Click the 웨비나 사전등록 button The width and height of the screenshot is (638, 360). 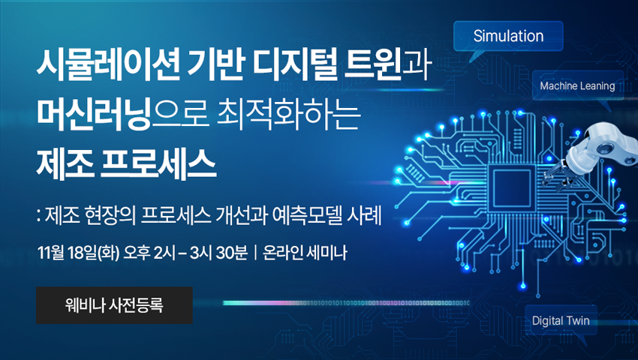[114, 305]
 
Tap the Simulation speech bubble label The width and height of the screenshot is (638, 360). [508, 36]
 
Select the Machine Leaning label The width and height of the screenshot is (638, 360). [577, 85]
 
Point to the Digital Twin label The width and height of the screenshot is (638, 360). [561, 320]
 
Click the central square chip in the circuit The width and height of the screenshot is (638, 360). [512, 188]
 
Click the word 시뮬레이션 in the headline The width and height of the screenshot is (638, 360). [108, 65]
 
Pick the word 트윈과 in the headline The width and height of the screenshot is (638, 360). [388, 65]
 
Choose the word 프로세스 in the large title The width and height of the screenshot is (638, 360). [158, 164]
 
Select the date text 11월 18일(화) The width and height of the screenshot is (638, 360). [78, 253]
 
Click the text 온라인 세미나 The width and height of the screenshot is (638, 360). [305, 253]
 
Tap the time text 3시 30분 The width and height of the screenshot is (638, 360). [218, 253]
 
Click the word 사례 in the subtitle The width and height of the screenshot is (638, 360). [365, 216]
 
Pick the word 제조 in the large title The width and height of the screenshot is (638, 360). [65, 164]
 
